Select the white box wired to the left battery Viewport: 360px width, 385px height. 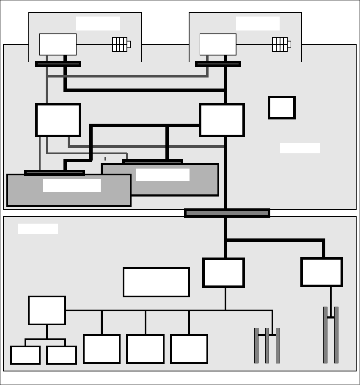click(58, 44)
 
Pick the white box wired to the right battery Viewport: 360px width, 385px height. click(218, 44)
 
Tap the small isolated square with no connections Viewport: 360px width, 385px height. click(282, 108)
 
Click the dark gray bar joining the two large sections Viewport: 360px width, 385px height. click(227, 213)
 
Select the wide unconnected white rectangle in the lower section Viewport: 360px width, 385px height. click(156, 282)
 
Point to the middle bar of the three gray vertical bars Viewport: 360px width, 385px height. click(267, 345)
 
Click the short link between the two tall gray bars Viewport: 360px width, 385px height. click(331, 317)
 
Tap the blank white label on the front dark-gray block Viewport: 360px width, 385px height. click(72, 186)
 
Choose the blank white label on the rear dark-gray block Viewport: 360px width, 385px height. click(162, 175)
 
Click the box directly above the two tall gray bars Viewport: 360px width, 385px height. click(322, 272)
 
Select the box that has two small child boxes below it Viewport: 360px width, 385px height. click(47, 310)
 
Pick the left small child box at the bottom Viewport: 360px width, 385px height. click(25, 355)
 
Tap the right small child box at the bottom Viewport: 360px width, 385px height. click(62, 355)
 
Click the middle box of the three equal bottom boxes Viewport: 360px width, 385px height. click(145, 349)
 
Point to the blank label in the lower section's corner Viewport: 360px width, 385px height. click(38, 229)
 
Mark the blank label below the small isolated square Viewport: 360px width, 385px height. click(300, 148)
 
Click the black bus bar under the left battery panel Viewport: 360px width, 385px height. click(58, 64)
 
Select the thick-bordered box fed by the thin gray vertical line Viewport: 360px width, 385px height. click(58, 120)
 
